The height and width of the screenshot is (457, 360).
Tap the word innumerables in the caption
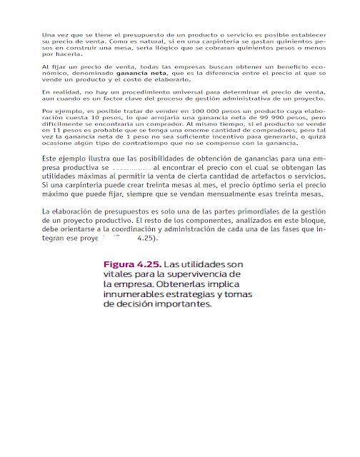[135, 293]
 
